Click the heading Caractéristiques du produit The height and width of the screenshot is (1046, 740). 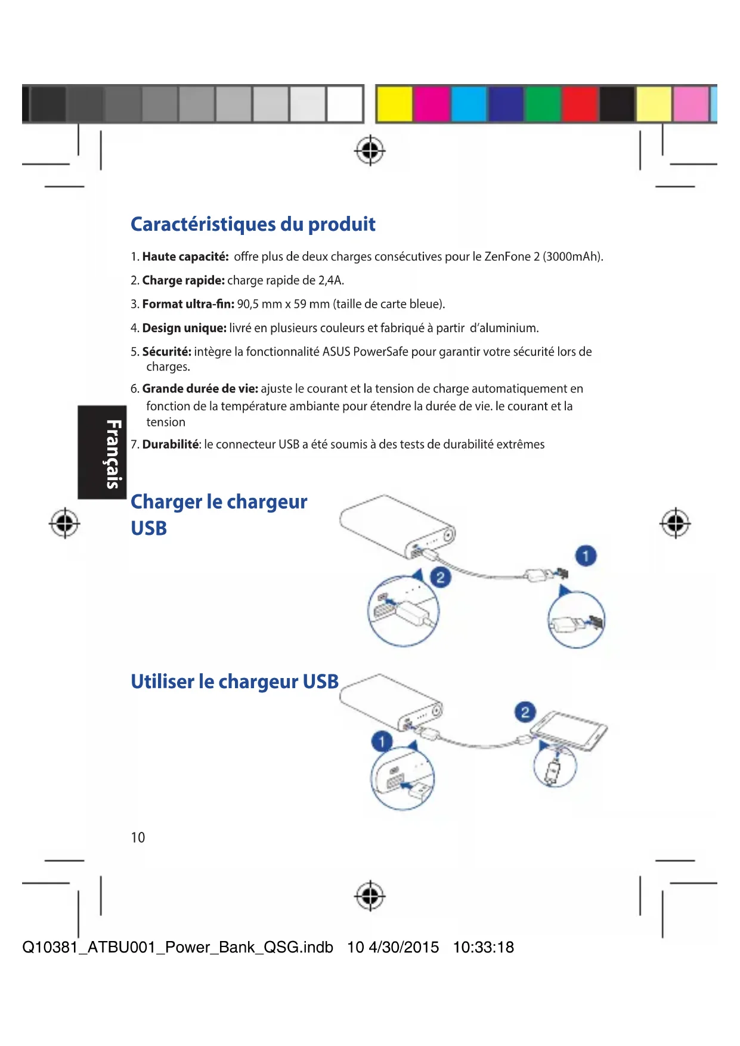point(253,224)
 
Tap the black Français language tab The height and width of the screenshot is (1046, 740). point(102,452)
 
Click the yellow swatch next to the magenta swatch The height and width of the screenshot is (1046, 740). point(394,104)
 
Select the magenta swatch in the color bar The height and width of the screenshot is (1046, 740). point(431,104)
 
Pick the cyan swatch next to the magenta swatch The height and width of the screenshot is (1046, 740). point(469,104)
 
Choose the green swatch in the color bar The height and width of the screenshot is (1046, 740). point(543,104)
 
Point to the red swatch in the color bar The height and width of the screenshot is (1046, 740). point(580,104)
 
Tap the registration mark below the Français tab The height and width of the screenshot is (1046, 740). point(64,524)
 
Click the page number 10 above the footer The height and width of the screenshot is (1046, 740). point(138,838)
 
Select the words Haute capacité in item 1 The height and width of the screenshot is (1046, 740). point(185,257)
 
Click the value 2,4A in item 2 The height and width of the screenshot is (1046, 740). point(331,280)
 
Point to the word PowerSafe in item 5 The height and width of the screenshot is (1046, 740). point(380,352)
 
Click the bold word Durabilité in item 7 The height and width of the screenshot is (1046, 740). point(171,444)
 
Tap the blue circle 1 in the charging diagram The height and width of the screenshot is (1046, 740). point(586,556)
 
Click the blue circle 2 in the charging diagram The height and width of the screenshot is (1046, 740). point(440,577)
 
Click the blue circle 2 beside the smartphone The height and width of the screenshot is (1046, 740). point(525,712)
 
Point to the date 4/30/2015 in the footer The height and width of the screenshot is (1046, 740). point(404,947)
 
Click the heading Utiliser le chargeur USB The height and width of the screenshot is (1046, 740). point(234,681)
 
